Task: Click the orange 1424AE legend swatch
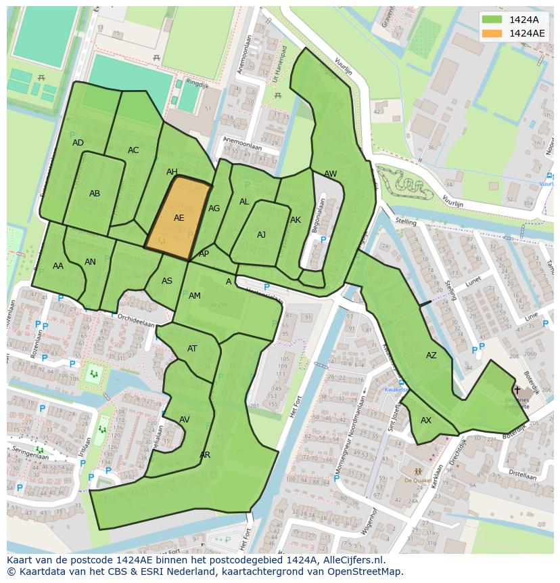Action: click(492, 33)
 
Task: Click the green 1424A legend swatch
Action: click(492, 20)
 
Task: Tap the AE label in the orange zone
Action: click(179, 218)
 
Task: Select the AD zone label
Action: click(78, 143)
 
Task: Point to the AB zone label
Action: click(95, 194)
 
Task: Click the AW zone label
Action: click(330, 174)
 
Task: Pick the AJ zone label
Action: click(261, 235)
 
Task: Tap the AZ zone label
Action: click(431, 355)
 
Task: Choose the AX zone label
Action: click(426, 420)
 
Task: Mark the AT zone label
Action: click(192, 349)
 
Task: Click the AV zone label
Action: click(185, 420)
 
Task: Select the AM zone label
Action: click(195, 296)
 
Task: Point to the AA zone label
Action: click(58, 266)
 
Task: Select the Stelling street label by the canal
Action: click(406, 221)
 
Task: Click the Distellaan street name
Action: click(521, 476)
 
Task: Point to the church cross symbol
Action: click(517, 390)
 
